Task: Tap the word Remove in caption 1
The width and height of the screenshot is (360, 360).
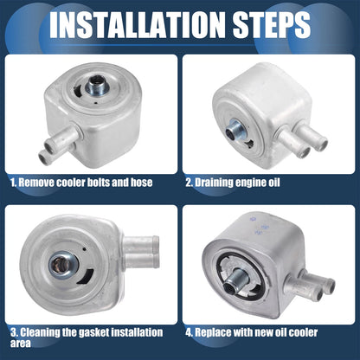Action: tap(36, 183)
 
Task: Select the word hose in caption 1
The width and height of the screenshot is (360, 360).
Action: tap(141, 183)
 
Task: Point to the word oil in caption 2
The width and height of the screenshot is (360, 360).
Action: tap(273, 183)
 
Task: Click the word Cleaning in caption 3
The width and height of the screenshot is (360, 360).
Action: tap(40, 332)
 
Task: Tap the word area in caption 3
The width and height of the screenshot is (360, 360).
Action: tap(21, 344)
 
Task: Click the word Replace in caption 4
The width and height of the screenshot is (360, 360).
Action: tap(213, 332)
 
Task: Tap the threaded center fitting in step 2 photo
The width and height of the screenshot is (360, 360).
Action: tap(234, 130)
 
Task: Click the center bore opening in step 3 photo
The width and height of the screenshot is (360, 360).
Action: tap(59, 264)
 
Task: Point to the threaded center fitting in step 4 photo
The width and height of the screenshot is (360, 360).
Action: tap(235, 280)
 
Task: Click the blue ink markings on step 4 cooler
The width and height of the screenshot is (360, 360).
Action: tap(259, 226)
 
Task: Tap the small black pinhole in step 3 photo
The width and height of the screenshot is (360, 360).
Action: tap(84, 248)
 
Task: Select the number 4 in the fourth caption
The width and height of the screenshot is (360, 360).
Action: tap(189, 332)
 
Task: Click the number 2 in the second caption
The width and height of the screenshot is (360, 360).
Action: tap(189, 183)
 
